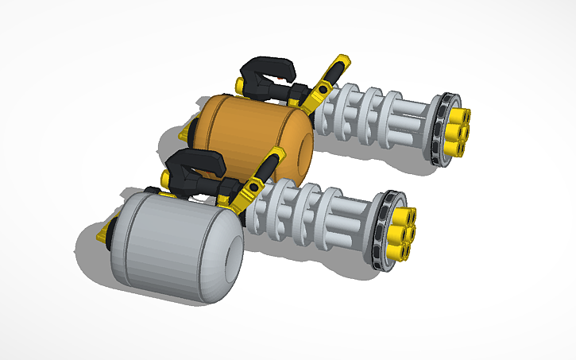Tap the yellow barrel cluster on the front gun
pos(399,230)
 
